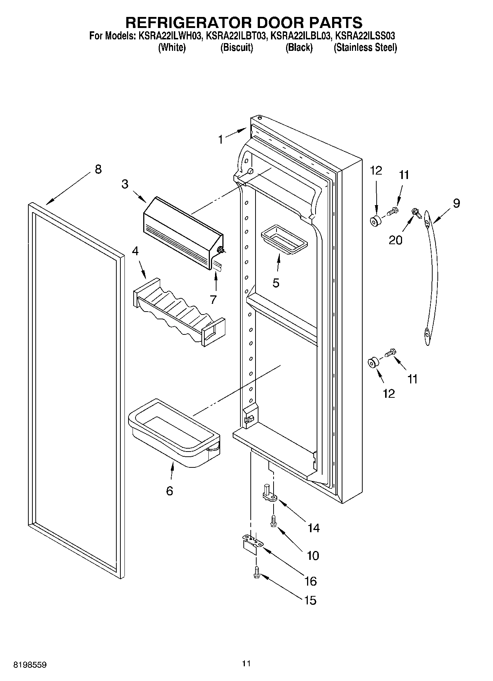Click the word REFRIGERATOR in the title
[x=188, y=22]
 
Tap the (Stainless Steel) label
[x=365, y=48]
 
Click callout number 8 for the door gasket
[x=98, y=169]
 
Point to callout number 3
[x=125, y=184]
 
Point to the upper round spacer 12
[x=376, y=222]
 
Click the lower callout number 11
[x=412, y=379]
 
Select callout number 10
[x=313, y=555]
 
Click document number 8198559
[x=30, y=665]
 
